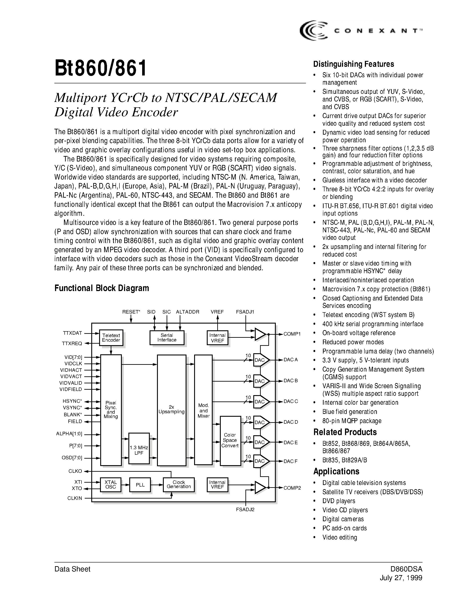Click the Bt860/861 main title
(x=101, y=69)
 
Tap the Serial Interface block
(x=167, y=337)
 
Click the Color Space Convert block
(x=230, y=440)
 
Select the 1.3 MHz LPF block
(x=139, y=450)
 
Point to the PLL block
(x=140, y=485)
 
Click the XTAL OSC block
(x=111, y=485)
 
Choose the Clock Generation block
(x=179, y=485)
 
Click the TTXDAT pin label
(x=72, y=333)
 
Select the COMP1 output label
(x=292, y=334)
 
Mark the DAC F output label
(x=291, y=461)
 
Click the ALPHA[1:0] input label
(x=69, y=434)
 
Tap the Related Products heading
(x=345, y=432)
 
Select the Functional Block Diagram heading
(x=102, y=288)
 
